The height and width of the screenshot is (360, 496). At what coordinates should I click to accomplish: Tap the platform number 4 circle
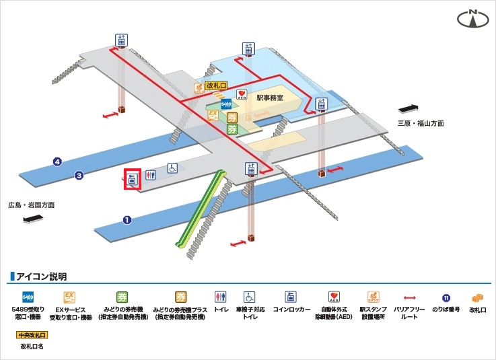pyautogui.click(x=58, y=161)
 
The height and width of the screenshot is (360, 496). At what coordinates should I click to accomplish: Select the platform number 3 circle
pyautogui.click(x=79, y=176)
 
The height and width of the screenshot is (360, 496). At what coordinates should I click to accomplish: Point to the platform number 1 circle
pyautogui.click(x=126, y=219)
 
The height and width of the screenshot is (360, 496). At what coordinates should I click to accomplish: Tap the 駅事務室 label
pyautogui.click(x=270, y=98)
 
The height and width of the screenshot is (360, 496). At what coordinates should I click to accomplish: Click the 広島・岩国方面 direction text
pyautogui.click(x=32, y=205)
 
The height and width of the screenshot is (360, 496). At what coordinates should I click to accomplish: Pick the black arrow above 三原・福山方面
pyautogui.click(x=410, y=108)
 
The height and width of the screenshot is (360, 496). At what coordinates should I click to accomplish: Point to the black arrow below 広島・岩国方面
pyautogui.click(x=33, y=219)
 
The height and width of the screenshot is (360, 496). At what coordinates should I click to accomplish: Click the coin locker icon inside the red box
pyautogui.click(x=132, y=178)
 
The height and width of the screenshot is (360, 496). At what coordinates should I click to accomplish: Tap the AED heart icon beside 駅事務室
pyautogui.click(x=242, y=94)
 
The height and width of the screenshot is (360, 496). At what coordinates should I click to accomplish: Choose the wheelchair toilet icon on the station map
pyautogui.click(x=172, y=169)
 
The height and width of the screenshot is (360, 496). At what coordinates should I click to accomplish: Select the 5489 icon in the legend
pyautogui.click(x=28, y=297)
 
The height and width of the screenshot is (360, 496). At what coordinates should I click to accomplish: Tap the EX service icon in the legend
pyautogui.click(x=68, y=297)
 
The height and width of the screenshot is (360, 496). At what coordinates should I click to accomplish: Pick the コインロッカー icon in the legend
pyautogui.click(x=291, y=297)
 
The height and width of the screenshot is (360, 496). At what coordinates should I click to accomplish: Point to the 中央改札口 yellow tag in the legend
pyautogui.click(x=32, y=334)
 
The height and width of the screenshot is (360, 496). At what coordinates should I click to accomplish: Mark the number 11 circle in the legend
pyautogui.click(x=446, y=297)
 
